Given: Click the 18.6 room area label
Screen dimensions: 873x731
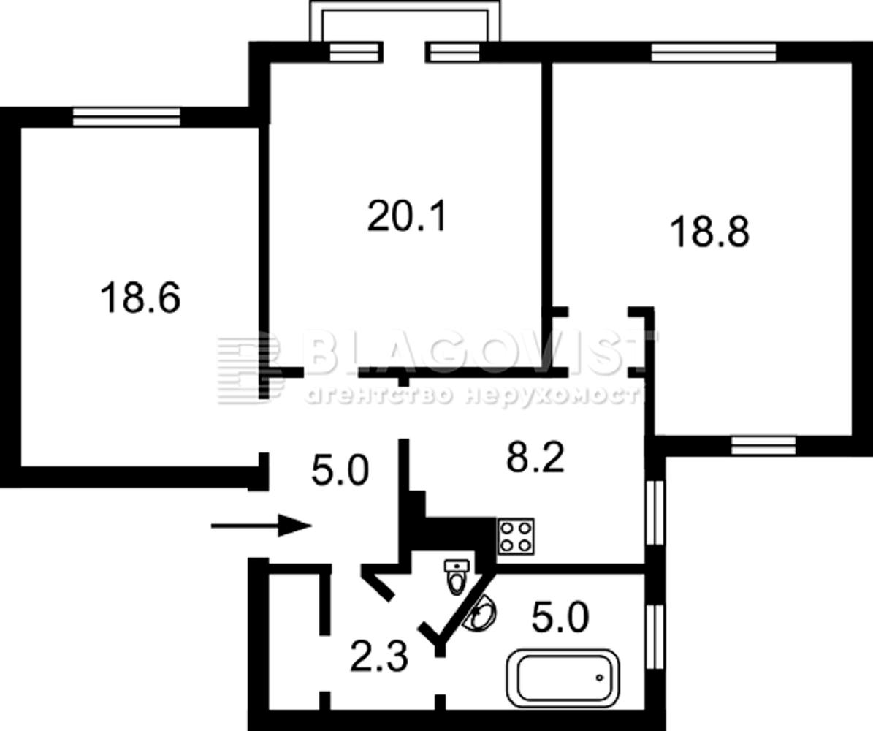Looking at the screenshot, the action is pyautogui.click(x=140, y=298).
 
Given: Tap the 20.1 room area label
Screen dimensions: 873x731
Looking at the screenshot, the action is pyautogui.click(x=408, y=216).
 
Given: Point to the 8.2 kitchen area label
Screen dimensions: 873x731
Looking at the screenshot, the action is pyautogui.click(x=535, y=457).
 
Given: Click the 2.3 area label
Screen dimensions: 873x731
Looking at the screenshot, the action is pyautogui.click(x=379, y=656).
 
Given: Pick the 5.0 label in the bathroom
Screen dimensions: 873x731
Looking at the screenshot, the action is pyautogui.click(x=560, y=618).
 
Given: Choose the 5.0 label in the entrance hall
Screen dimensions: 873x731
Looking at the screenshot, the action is pyautogui.click(x=340, y=470).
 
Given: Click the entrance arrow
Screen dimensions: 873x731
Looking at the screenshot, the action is pyautogui.click(x=261, y=526).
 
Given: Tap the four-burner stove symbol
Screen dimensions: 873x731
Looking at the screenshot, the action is pyautogui.click(x=516, y=537).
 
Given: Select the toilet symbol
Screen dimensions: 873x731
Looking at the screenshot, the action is pyautogui.click(x=457, y=577).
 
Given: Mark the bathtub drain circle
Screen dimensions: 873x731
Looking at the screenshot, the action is pyautogui.click(x=600, y=678).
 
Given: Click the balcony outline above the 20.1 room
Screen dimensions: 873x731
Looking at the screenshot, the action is pyautogui.click(x=405, y=6).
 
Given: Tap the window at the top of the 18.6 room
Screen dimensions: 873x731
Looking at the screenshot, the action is pyautogui.click(x=127, y=117).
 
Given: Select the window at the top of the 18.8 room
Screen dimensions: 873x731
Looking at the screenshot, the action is pyautogui.click(x=713, y=52).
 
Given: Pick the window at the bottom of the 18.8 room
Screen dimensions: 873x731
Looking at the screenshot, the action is pyautogui.click(x=763, y=445).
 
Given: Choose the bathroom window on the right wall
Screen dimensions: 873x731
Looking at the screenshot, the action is pyautogui.click(x=656, y=637).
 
